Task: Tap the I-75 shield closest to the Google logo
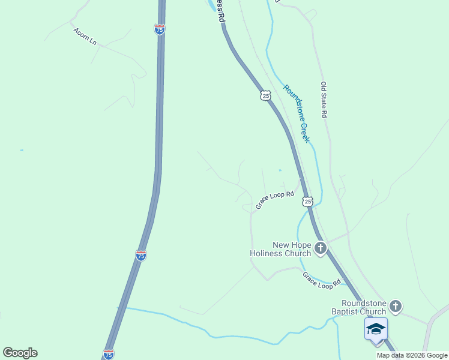109,354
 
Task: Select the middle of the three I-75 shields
140,256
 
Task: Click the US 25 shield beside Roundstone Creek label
266,95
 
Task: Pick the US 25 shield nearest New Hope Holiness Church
308,202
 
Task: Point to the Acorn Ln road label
85,37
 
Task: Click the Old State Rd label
324,100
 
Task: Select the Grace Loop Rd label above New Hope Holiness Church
275,200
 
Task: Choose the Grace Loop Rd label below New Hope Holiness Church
321,280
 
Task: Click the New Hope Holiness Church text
280,249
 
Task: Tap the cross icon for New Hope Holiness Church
321,248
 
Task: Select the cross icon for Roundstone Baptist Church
396,307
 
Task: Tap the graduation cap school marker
376,329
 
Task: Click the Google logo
20,353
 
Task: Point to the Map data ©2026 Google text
412,355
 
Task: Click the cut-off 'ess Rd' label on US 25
220,11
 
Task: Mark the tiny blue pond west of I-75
22,150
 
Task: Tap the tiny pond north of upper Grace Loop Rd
280,170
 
